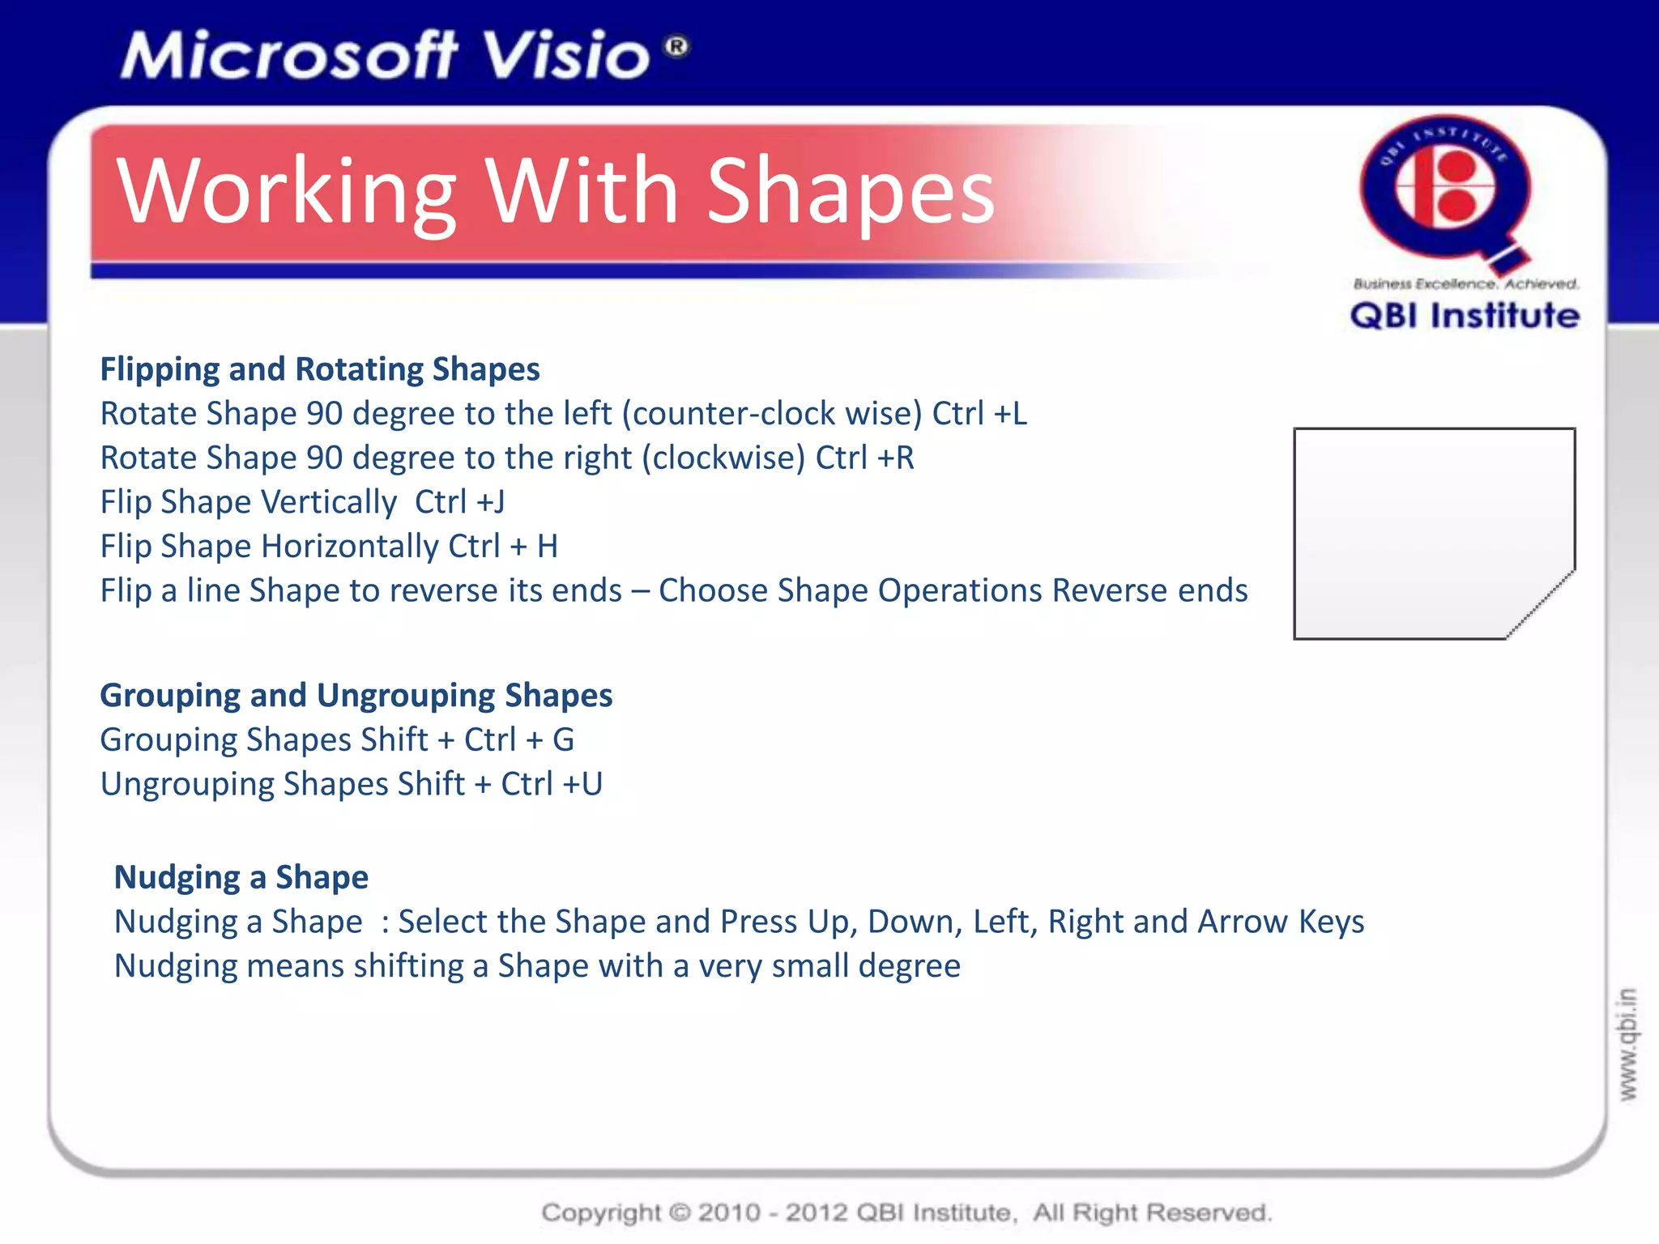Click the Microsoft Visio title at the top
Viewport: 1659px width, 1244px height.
pyautogui.click(x=386, y=55)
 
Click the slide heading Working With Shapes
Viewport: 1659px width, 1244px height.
pyautogui.click(x=556, y=192)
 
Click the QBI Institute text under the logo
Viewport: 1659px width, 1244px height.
pyautogui.click(x=1465, y=316)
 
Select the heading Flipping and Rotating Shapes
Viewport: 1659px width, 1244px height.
pyautogui.click(x=320, y=369)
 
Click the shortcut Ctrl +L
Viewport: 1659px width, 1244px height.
pyautogui.click(x=979, y=414)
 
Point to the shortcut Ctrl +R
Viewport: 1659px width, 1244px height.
pyautogui.click(x=864, y=458)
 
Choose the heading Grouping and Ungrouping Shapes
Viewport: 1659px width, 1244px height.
pyautogui.click(x=356, y=696)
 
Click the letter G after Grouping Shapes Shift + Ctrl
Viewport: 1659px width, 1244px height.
pyautogui.click(x=563, y=740)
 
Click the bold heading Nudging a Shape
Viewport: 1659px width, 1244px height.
pyautogui.click(x=241, y=878)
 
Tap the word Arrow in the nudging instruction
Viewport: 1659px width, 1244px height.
pyautogui.click(x=1243, y=922)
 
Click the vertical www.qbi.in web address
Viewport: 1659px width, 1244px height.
pyautogui.click(x=1627, y=1045)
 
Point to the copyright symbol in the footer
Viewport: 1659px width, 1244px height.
pyautogui.click(x=680, y=1212)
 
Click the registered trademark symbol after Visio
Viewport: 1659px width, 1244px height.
pyautogui.click(x=677, y=46)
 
